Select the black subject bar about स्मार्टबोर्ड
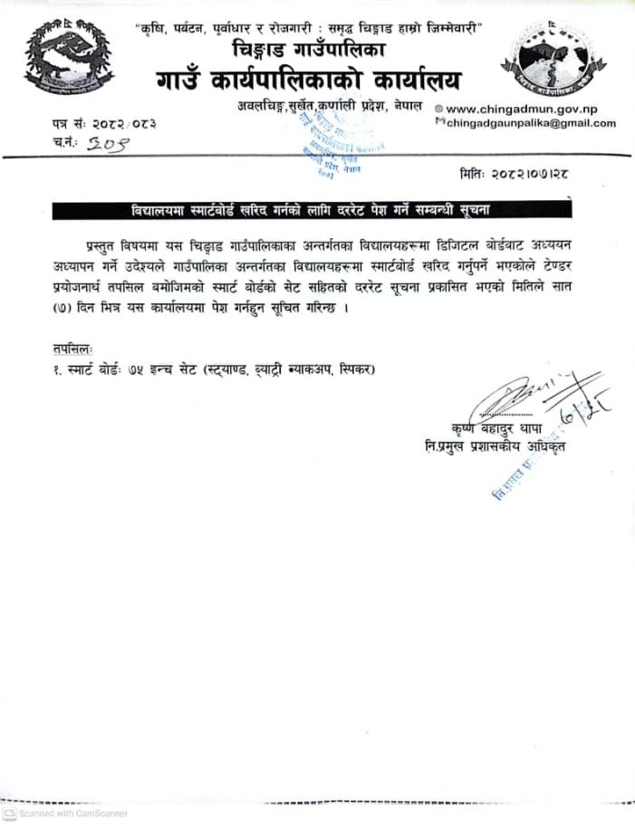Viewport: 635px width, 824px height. pos(312,210)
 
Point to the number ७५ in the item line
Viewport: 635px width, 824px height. pos(139,369)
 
